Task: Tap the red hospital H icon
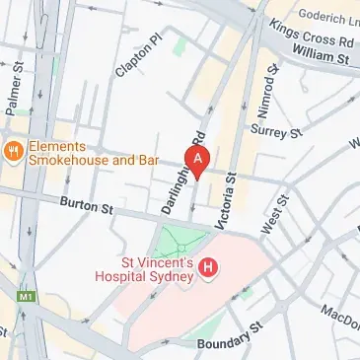208,266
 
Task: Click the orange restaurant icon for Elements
13,150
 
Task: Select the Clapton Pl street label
140,56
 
